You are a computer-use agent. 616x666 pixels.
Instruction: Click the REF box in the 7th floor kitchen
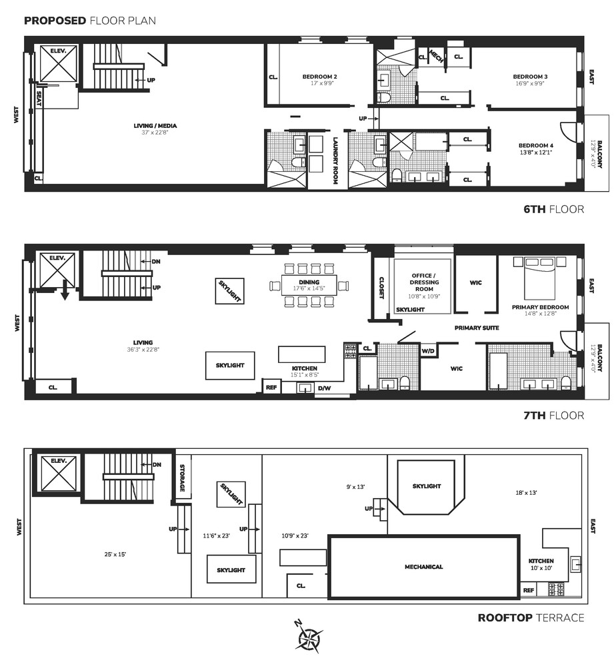pos(271,387)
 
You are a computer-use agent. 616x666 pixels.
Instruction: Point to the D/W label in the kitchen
pos(324,388)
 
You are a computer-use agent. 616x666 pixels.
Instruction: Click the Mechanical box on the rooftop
pos(424,567)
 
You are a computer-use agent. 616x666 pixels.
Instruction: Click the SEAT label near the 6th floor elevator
pos(39,99)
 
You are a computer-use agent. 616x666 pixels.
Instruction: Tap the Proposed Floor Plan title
pos(89,20)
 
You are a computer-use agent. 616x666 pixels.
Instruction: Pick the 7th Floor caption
pos(553,416)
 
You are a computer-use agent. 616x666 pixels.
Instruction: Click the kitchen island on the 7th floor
pos(302,354)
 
